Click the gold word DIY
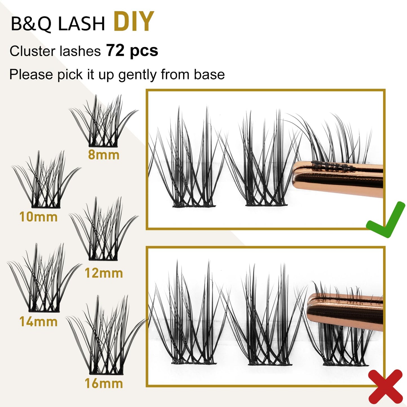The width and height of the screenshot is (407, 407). [x=134, y=21]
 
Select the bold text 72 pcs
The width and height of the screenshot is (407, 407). [x=132, y=50]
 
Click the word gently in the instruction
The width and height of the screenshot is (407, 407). [x=138, y=75]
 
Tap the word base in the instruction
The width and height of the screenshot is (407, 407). [x=209, y=75]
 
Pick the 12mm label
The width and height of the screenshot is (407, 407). [x=104, y=273]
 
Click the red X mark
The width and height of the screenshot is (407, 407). [x=385, y=388]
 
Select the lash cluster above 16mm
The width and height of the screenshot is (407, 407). [x=106, y=335]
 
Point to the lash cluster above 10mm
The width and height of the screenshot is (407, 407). [x=46, y=179]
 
